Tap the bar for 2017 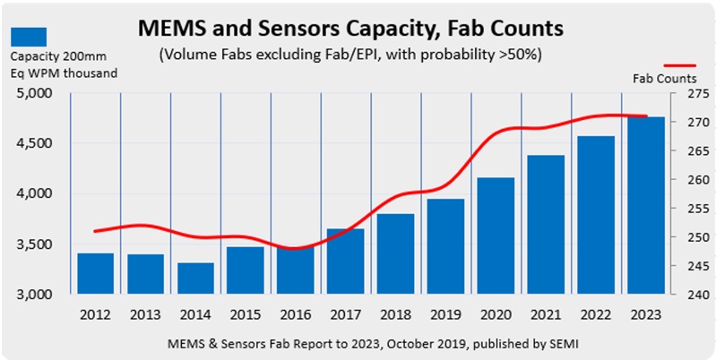345,261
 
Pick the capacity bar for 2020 496,236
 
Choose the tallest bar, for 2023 645,205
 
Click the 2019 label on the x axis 445,315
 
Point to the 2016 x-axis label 295,315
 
